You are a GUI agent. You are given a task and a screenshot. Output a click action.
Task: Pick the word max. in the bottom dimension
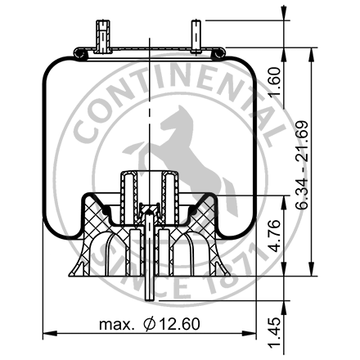pos(116,326)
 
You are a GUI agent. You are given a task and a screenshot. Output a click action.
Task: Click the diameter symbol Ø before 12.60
pos(148,326)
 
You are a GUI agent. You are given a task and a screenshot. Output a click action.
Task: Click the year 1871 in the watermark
pos(245,270)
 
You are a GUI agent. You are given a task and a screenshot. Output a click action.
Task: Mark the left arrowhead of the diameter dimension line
pos(46,334)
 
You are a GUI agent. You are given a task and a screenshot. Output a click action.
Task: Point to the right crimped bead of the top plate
pos(217,54)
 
